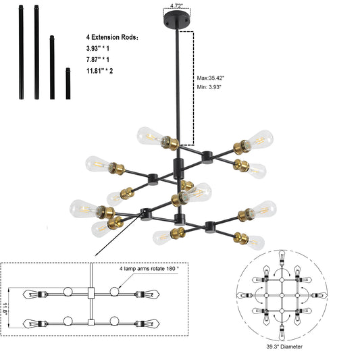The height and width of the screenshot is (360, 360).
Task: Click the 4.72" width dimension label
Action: tap(177, 5)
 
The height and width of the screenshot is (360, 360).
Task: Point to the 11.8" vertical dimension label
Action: tap(8, 307)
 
